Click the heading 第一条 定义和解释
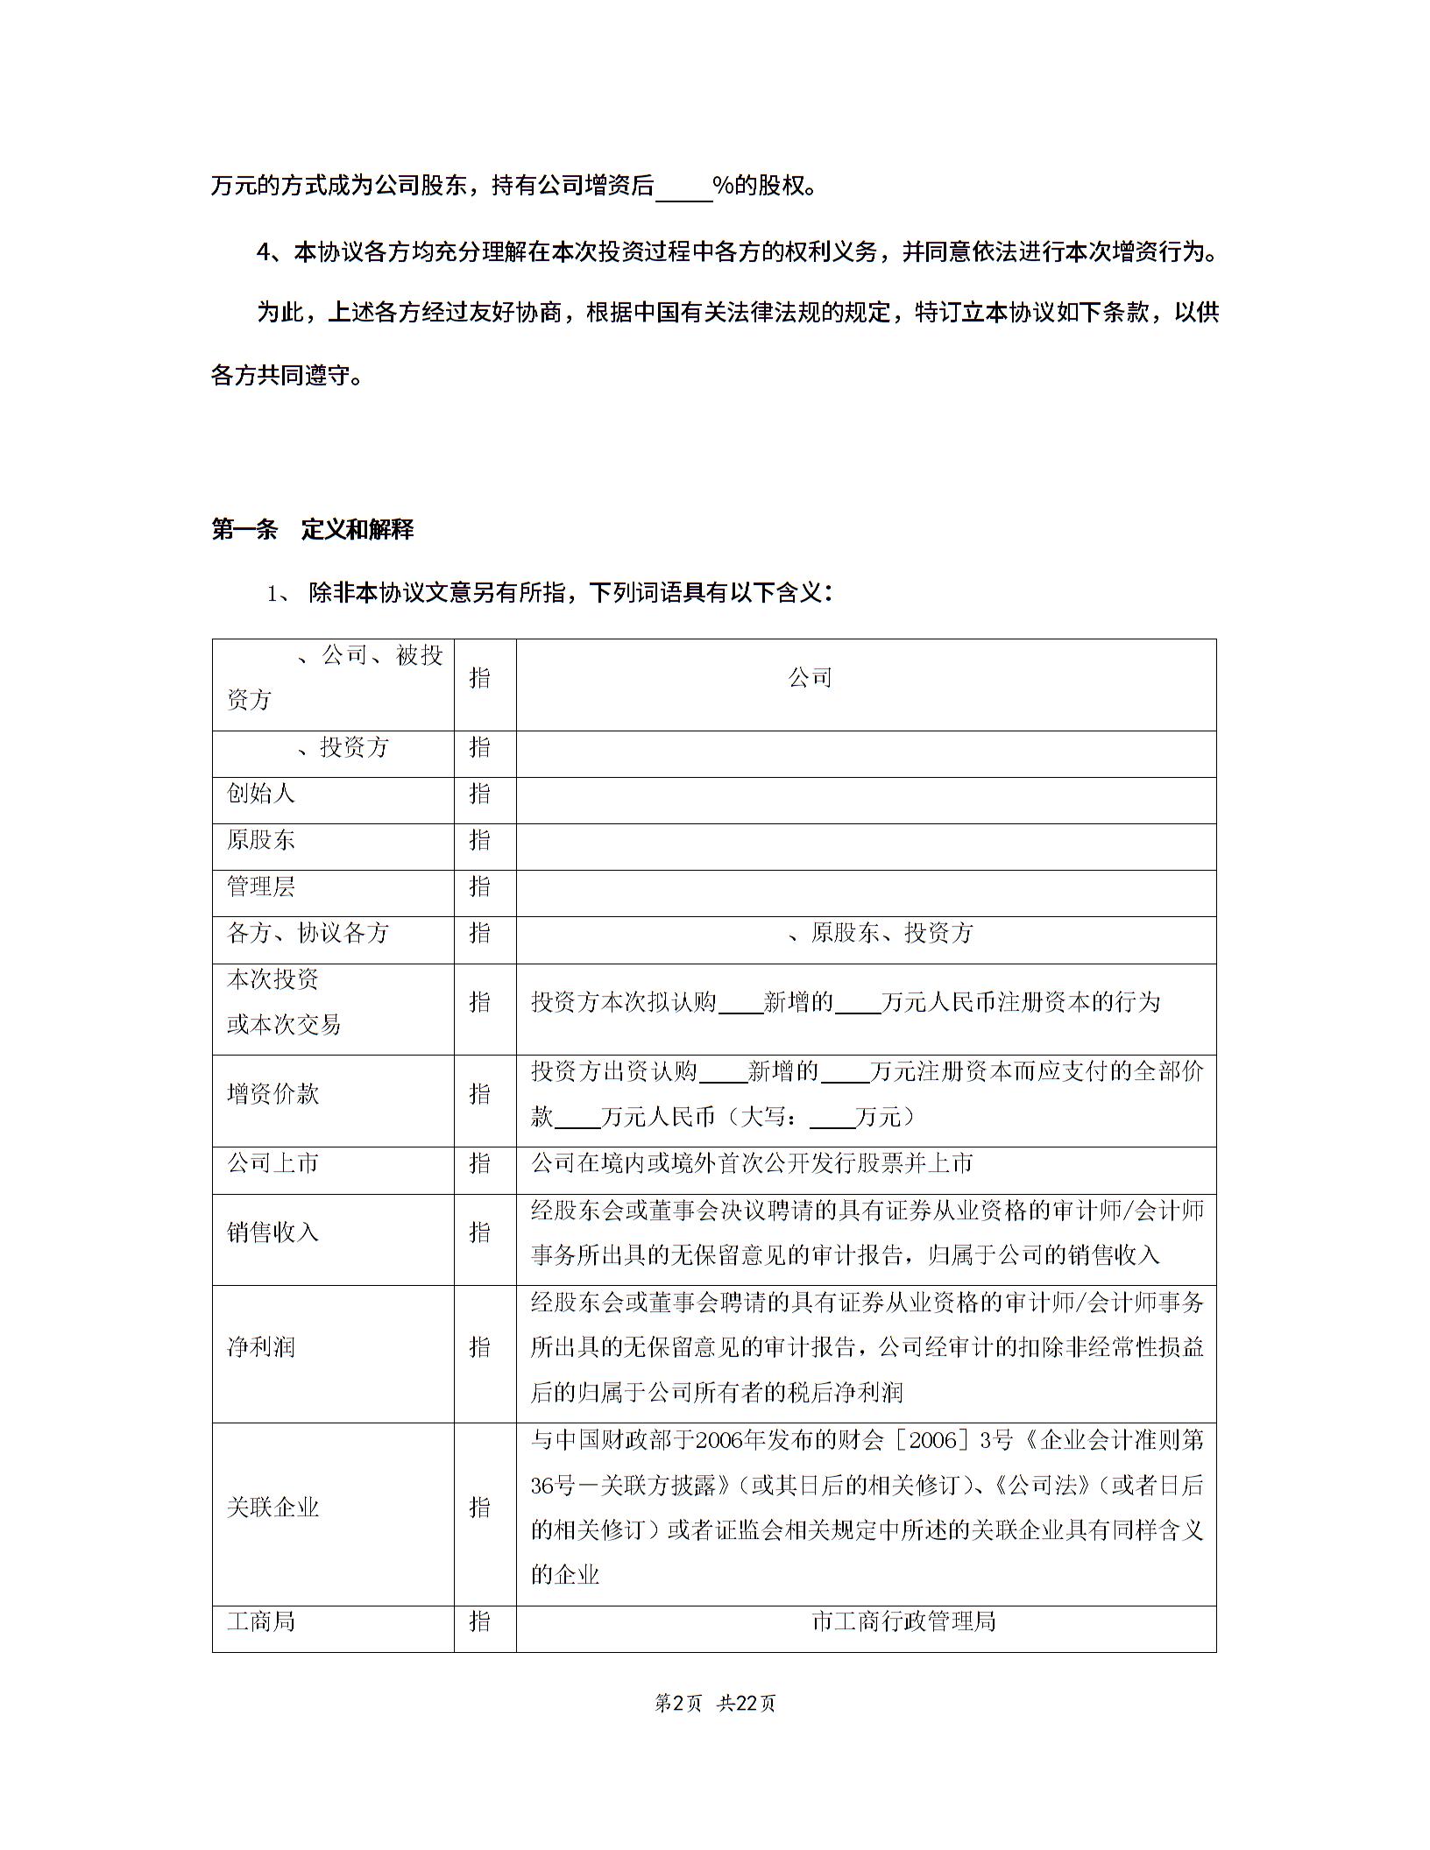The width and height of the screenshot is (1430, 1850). tap(312, 530)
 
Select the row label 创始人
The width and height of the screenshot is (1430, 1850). tap(261, 794)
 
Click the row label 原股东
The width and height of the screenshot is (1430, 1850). tap(261, 840)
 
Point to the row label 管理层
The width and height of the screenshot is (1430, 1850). tap(261, 886)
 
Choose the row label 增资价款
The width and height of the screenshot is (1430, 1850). tap(273, 1094)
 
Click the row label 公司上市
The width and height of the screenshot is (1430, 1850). tap(273, 1163)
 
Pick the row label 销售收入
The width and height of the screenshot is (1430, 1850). tap(273, 1232)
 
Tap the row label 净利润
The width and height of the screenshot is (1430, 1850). tap(261, 1347)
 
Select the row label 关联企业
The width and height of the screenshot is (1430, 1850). tap(273, 1508)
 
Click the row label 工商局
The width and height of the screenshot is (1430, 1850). tap(261, 1621)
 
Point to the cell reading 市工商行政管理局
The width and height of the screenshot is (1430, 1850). tap(903, 1621)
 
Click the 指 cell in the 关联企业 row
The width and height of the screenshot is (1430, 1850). tap(480, 1508)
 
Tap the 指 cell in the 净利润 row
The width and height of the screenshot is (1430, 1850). tap(480, 1347)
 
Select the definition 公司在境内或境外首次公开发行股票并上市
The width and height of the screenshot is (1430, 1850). tap(752, 1163)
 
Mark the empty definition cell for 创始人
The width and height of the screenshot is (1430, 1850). tap(866, 800)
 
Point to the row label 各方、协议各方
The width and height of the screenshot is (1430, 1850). tap(308, 933)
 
